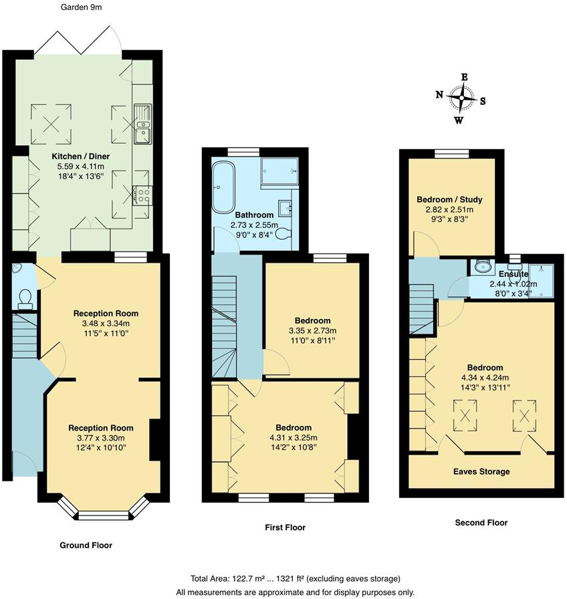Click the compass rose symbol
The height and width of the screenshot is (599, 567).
461,98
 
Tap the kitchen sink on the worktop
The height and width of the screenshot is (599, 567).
142,128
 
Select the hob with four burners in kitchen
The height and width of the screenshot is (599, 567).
142,195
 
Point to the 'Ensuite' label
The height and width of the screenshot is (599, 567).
513,274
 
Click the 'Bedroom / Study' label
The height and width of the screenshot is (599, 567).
449,199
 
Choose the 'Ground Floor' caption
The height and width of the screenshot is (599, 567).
86,546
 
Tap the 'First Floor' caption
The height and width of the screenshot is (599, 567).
285,527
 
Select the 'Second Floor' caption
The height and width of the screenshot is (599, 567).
481,523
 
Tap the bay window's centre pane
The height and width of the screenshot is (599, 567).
98,515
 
